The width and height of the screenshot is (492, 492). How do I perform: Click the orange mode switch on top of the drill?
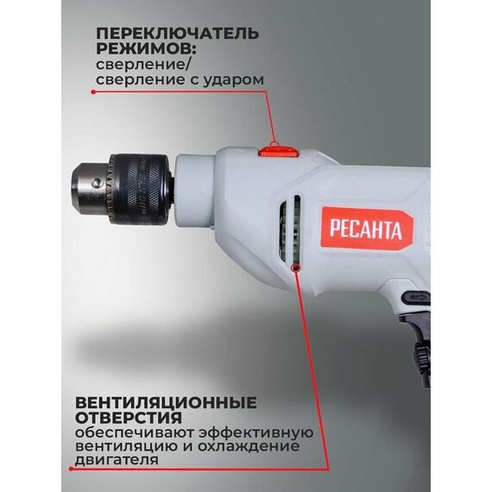(x=278, y=152)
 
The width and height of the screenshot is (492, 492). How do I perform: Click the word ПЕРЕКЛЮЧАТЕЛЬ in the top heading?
(x=178, y=34)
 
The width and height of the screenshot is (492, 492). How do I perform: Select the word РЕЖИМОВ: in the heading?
(x=147, y=48)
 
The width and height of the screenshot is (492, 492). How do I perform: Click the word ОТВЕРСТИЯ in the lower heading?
(x=129, y=418)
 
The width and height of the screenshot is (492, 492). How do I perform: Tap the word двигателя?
(x=117, y=460)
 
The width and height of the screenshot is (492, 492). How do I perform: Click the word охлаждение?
(x=249, y=446)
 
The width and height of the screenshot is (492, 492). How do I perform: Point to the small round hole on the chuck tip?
(x=98, y=181)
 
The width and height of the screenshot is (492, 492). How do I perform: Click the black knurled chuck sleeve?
(x=140, y=189)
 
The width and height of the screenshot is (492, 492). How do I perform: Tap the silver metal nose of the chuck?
(x=91, y=188)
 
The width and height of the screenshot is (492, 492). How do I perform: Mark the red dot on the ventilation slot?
(x=295, y=268)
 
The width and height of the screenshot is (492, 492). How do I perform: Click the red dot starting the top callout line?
(x=93, y=92)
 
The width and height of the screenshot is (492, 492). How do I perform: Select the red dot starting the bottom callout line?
(x=72, y=469)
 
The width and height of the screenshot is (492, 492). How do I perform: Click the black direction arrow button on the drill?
(x=416, y=298)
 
